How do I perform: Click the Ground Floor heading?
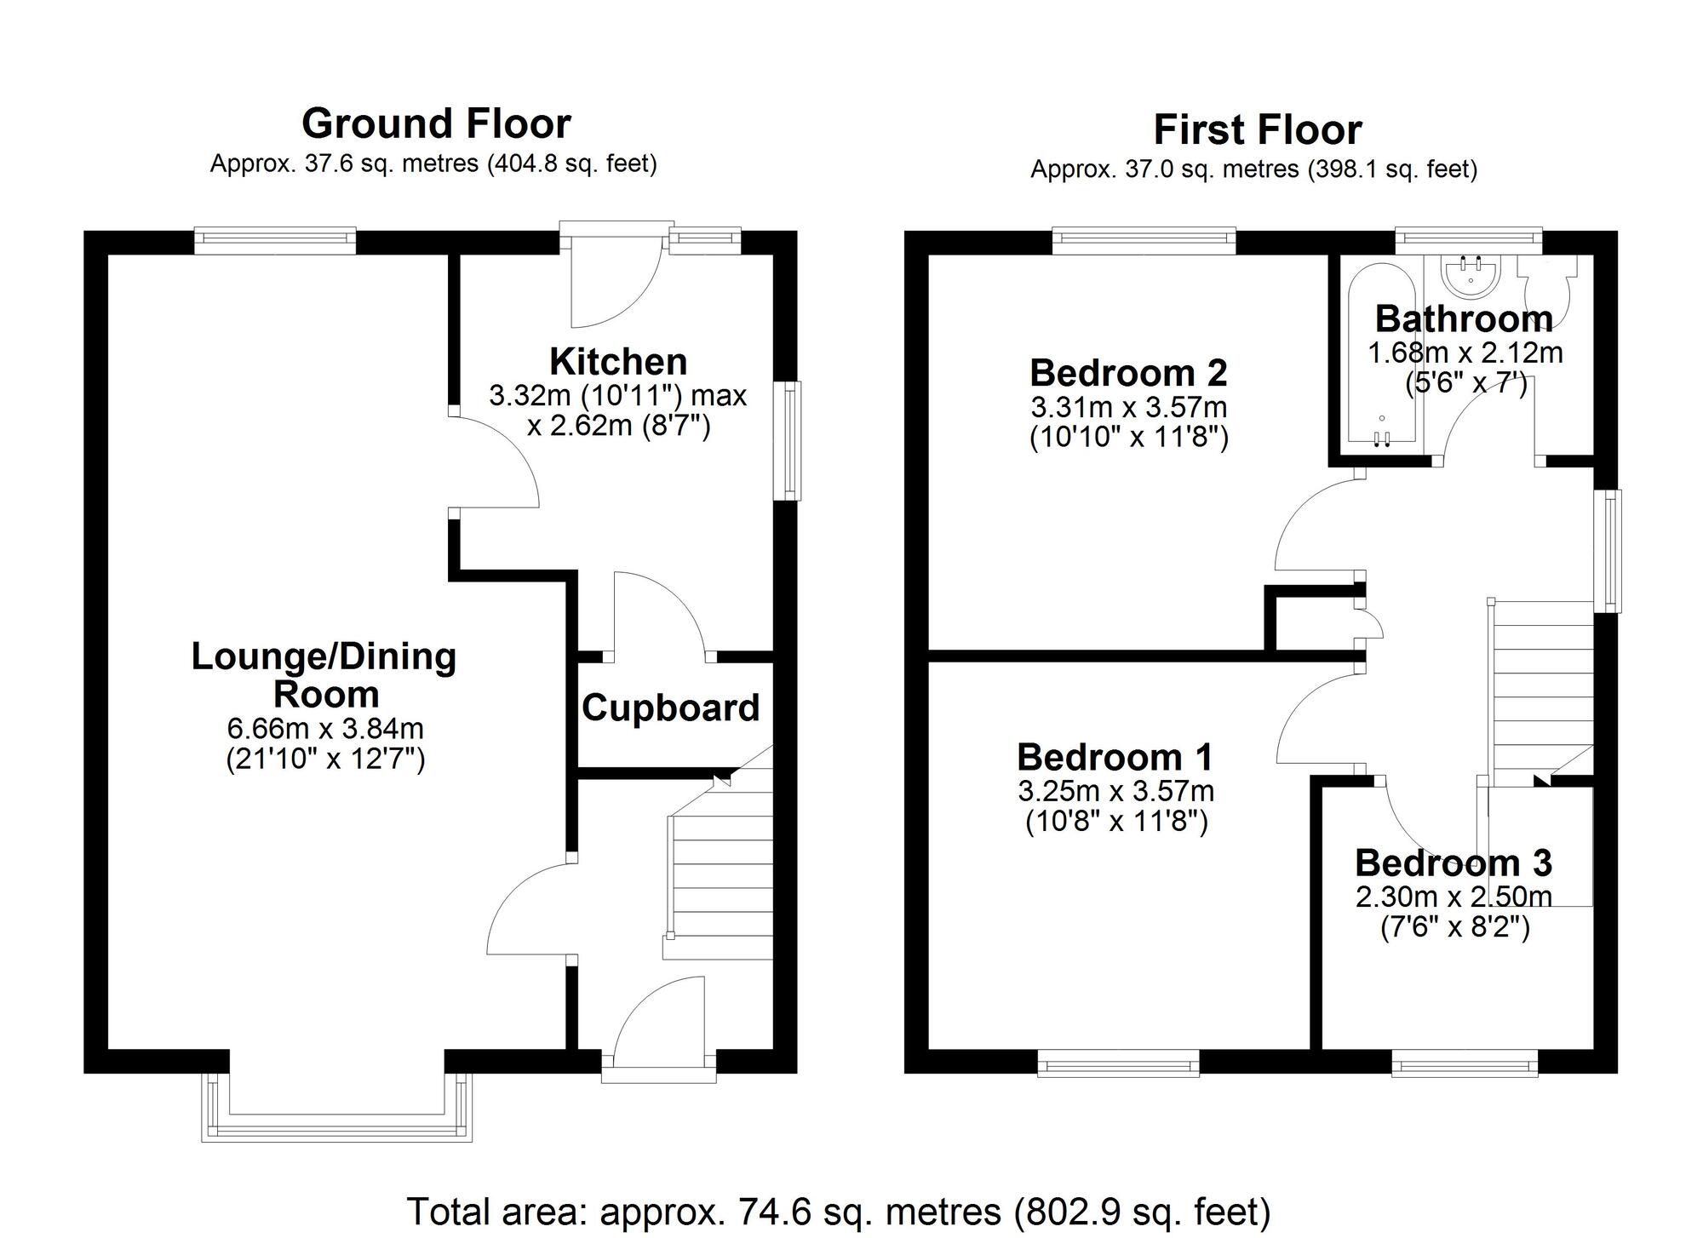click(436, 124)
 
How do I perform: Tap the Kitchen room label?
click(618, 362)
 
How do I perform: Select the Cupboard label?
click(670, 708)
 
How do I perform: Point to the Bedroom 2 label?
click(1128, 373)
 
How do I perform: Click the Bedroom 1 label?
click(1115, 757)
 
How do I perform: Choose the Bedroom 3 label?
click(1454, 863)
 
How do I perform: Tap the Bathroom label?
click(1464, 319)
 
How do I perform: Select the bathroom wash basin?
click(1472, 277)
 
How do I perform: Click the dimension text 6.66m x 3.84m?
click(325, 729)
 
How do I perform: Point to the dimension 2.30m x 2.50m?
click(1454, 897)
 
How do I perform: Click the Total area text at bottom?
click(838, 1211)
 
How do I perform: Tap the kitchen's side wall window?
click(792, 440)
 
